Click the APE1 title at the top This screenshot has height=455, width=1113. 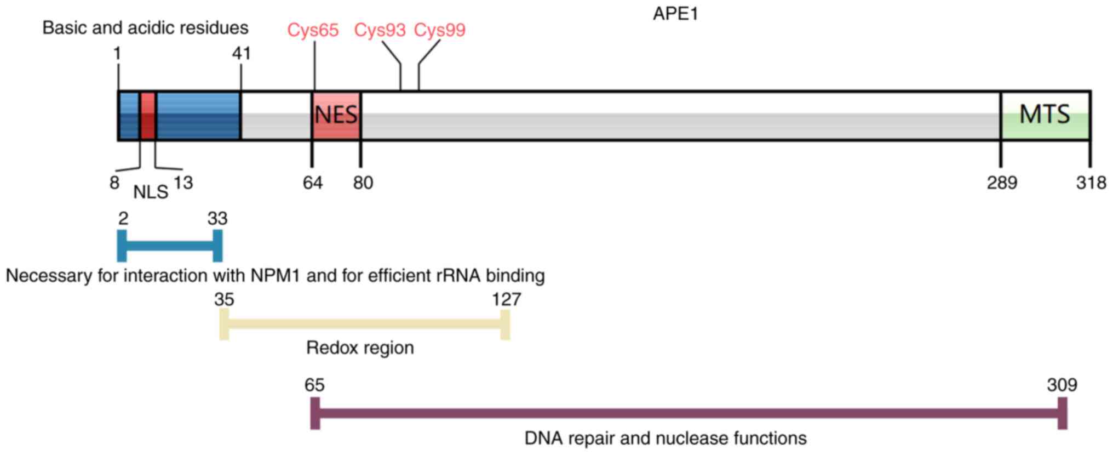click(x=675, y=14)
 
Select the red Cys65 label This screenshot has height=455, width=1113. click(x=313, y=30)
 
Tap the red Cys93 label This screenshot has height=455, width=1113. click(x=380, y=30)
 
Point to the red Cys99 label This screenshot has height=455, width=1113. click(x=439, y=30)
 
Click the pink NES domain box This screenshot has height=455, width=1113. click(x=336, y=115)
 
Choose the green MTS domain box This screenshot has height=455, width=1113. click(x=1045, y=115)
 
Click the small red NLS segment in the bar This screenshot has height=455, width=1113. click(x=148, y=116)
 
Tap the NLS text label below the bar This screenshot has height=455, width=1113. click(x=151, y=192)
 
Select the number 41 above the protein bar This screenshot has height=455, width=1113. click(x=241, y=53)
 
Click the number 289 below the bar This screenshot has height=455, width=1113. click(x=1002, y=183)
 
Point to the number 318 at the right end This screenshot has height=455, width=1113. click(x=1091, y=183)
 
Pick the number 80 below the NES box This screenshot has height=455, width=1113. click(x=363, y=183)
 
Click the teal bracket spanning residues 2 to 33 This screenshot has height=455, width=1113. click(x=170, y=246)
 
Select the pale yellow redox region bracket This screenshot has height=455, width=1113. click(x=364, y=325)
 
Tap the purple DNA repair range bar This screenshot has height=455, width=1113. click(x=689, y=413)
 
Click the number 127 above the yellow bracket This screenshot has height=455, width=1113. click(x=506, y=299)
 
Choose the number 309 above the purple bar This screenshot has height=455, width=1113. click(x=1062, y=385)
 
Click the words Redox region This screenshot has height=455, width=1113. click(x=360, y=348)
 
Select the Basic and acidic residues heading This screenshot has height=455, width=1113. click(x=145, y=27)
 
